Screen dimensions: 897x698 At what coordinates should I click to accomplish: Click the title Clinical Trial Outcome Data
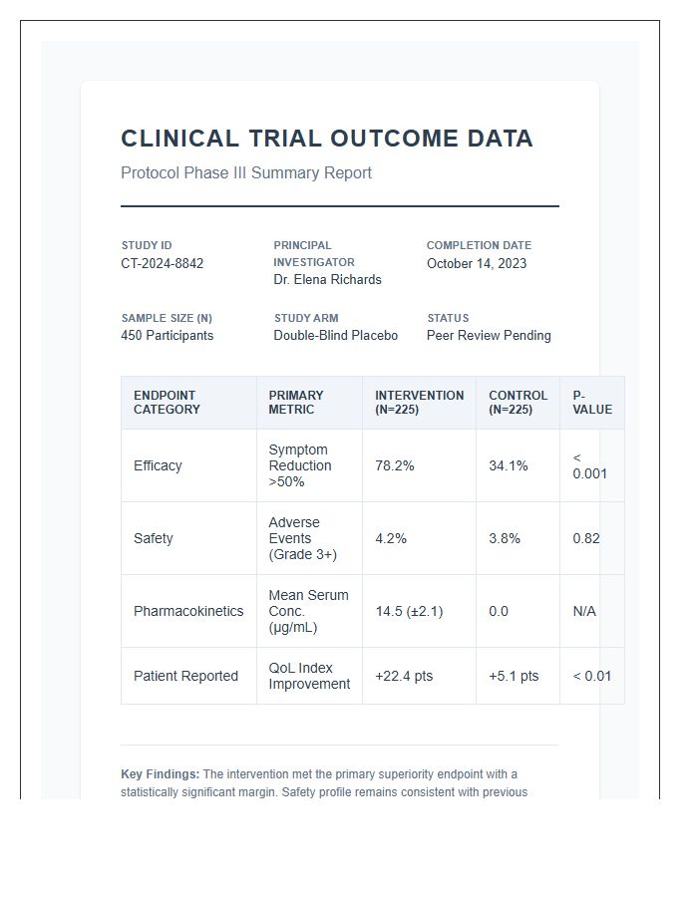click(326, 139)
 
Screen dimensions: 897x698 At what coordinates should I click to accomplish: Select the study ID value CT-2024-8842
click(162, 263)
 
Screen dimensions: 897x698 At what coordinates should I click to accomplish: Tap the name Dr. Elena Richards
click(327, 280)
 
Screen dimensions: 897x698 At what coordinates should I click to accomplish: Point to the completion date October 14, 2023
click(477, 263)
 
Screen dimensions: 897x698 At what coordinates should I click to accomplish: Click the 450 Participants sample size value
click(167, 336)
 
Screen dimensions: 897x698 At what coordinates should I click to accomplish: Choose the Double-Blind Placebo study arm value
click(335, 336)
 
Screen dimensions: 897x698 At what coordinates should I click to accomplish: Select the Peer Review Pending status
click(489, 336)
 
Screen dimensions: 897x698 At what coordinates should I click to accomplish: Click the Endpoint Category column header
click(167, 403)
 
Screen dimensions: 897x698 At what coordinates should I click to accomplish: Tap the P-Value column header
click(592, 403)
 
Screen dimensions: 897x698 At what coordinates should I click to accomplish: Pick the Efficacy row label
click(158, 465)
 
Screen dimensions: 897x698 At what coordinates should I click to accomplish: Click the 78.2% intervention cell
click(395, 465)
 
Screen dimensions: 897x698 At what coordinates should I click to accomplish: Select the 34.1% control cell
click(509, 465)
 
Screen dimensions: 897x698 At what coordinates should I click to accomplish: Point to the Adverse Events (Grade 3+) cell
click(302, 538)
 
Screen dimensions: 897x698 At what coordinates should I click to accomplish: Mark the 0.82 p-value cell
click(586, 538)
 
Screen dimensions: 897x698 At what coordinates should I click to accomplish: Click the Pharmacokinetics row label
click(188, 611)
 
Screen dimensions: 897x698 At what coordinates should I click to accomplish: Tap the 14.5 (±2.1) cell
click(409, 611)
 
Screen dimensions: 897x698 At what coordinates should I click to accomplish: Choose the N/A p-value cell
click(584, 611)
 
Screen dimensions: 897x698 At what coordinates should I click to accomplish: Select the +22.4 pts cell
click(404, 676)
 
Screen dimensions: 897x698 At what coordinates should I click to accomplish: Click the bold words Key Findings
click(160, 774)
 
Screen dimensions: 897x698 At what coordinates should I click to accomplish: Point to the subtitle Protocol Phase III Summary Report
click(246, 173)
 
